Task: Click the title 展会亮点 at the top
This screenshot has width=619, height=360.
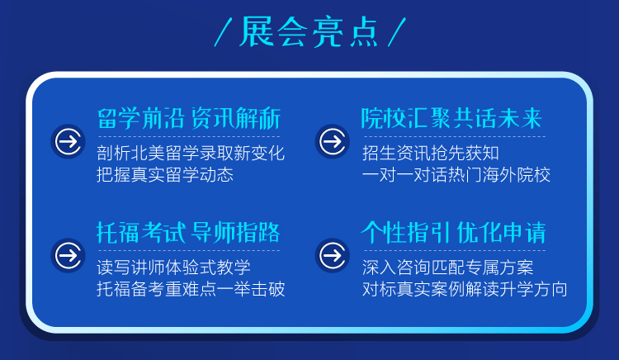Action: point(309,32)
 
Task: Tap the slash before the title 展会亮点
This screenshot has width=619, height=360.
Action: point(223,32)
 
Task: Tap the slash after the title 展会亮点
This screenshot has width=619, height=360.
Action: point(397,32)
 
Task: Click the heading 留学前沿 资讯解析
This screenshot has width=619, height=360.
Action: point(189,118)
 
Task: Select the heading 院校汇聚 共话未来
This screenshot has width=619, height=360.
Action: point(451,118)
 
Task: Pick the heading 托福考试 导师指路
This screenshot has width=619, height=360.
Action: point(188,232)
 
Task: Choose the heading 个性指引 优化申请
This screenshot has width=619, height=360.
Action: point(453,232)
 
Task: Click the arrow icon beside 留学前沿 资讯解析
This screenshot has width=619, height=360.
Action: point(69,141)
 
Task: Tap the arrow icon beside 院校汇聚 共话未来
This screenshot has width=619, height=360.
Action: point(333,141)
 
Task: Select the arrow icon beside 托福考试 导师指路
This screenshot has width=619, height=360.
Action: point(69,255)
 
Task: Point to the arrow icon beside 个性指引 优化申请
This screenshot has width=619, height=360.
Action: point(333,255)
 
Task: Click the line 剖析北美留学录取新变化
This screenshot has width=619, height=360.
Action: point(191,153)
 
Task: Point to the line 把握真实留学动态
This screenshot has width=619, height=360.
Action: point(165,175)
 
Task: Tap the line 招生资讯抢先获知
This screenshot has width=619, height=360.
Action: point(431,153)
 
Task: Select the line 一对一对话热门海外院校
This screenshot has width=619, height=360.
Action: point(456,175)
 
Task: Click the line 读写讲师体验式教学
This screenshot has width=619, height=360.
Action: point(173,268)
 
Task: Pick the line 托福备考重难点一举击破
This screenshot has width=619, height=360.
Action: point(191,289)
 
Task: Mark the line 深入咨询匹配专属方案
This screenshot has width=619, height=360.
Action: point(447,268)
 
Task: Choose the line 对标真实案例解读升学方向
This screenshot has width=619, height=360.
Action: point(465,289)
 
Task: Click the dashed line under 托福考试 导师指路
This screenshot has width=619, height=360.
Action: point(189,250)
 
